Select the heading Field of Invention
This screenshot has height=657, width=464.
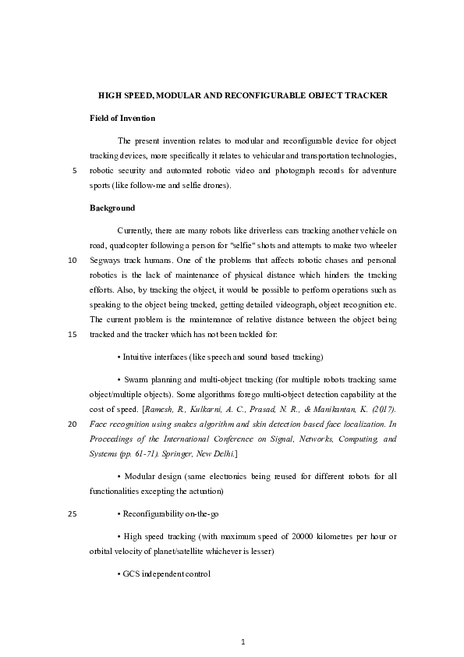pyautogui.click(x=122, y=118)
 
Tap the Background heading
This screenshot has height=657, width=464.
pyautogui.click(x=112, y=208)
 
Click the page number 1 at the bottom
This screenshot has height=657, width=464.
pyautogui.click(x=243, y=642)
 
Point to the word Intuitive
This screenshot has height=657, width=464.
pyautogui.click(x=140, y=357)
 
